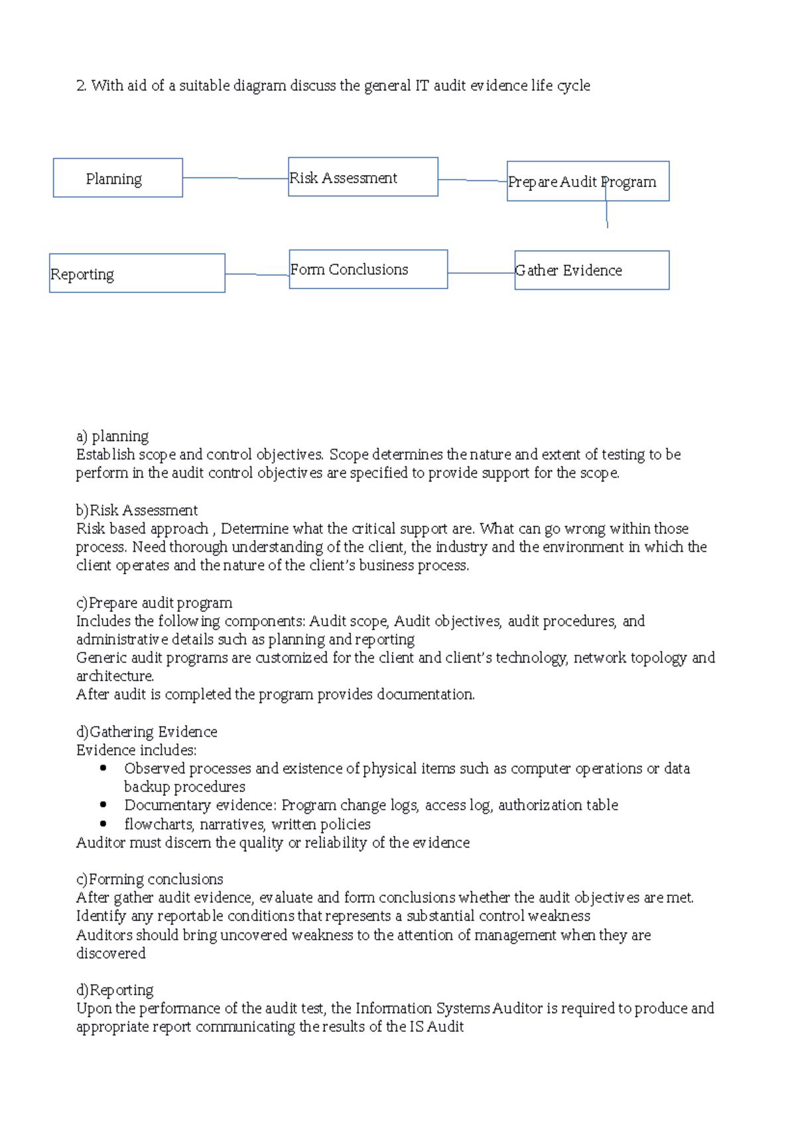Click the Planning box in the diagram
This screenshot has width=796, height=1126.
tap(117, 178)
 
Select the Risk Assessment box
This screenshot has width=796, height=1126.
tap(363, 177)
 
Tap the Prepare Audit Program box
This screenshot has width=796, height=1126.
tap(588, 181)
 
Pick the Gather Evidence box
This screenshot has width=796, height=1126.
tap(592, 270)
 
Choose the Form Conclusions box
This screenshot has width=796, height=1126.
tap(368, 269)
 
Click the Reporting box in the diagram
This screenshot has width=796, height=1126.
tap(137, 273)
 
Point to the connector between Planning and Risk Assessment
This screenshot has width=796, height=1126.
tap(235, 178)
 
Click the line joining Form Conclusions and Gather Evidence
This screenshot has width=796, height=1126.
tap(481, 273)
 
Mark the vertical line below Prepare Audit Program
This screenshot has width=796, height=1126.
tap(607, 214)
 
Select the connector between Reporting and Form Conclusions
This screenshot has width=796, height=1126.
tap(257, 274)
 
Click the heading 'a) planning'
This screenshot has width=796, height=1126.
tap(112, 436)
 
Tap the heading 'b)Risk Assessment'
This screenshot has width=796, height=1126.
tap(137, 510)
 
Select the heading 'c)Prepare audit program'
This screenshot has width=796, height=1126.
tap(154, 603)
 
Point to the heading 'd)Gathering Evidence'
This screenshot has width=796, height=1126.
tap(147, 731)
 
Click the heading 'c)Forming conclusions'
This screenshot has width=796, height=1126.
tap(149, 879)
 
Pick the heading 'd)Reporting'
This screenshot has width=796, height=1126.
tap(115, 990)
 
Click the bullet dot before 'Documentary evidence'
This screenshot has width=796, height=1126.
tap(103, 804)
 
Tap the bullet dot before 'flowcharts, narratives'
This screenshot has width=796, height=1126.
tap(103, 824)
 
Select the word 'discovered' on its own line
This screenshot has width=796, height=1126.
tap(111, 953)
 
